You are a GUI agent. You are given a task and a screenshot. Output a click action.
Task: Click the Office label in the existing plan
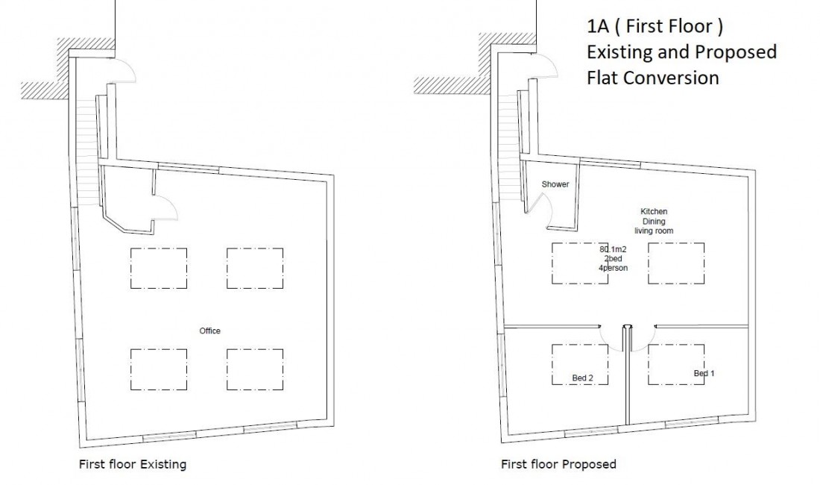pyautogui.click(x=209, y=331)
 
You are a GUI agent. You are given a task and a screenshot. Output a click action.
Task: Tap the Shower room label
pyautogui.click(x=555, y=184)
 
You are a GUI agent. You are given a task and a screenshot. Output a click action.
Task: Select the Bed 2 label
pyautogui.click(x=583, y=378)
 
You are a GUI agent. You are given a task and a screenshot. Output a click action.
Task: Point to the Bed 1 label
pyautogui.click(x=704, y=373)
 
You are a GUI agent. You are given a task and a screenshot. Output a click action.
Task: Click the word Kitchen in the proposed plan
pyautogui.click(x=654, y=211)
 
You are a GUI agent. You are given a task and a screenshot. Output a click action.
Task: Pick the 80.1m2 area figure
pyautogui.click(x=613, y=249)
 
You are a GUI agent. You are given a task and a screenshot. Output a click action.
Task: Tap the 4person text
pyautogui.click(x=613, y=268)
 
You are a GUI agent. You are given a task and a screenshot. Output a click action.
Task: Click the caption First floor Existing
pyautogui.click(x=132, y=464)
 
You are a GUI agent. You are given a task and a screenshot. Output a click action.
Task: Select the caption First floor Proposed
pyautogui.click(x=558, y=464)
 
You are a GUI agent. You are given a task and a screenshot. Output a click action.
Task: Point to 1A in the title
pyautogui.click(x=598, y=26)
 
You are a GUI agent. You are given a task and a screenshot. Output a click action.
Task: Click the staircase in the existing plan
pyautogui.click(x=87, y=151)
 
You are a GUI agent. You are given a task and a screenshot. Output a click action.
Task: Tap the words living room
pyautogui.click(x=654, y=231)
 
